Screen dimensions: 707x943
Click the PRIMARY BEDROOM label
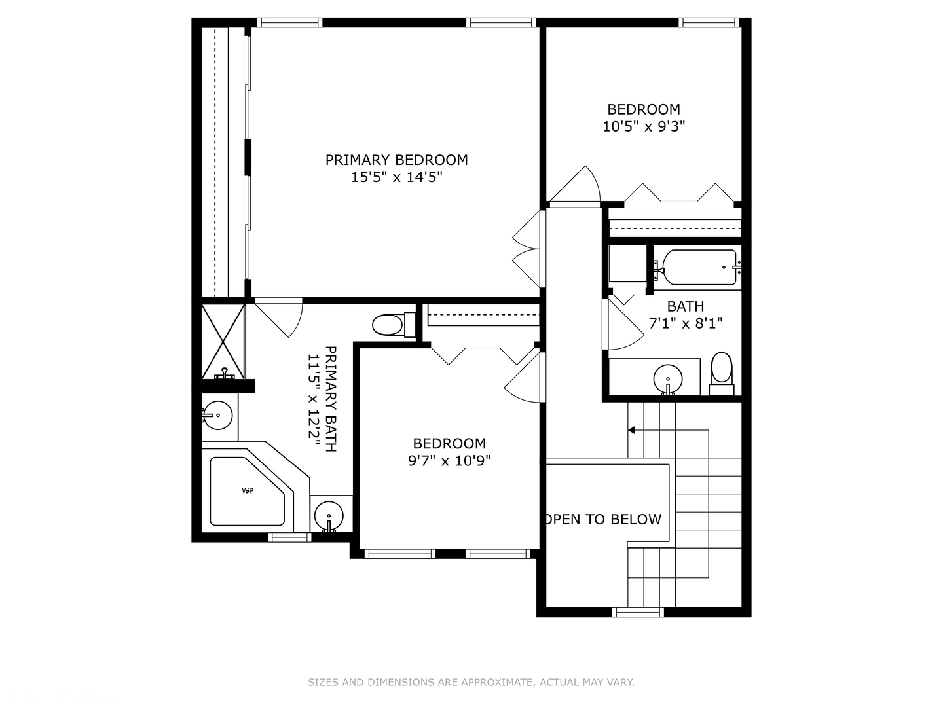coord(396,160)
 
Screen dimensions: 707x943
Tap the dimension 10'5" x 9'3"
coord(643,126)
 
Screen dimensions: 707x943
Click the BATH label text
coord(685,306)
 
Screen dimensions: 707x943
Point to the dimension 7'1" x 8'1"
coord(685,323)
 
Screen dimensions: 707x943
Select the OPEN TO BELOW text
coord(602,519)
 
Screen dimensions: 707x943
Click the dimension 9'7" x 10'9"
coord(449,461)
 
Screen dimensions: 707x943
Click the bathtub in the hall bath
coord(699,267)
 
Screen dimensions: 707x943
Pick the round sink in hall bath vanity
coord(668,378)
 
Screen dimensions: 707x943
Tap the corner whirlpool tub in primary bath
coord(248,491)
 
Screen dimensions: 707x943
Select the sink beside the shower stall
coord(216,415)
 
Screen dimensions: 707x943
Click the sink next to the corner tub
coord(329,516)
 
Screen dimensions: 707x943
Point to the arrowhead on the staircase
coord(631,430)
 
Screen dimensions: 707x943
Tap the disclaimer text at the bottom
coord(471,682)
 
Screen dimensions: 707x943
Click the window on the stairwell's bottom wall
coord(638,613)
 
